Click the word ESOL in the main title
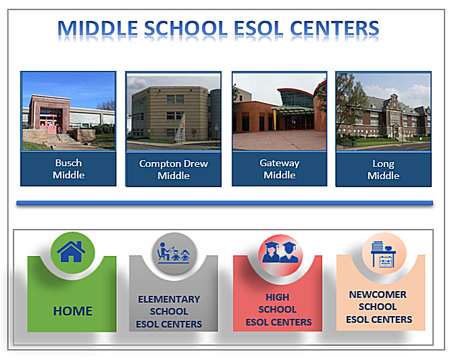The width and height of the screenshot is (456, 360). coord(258,28)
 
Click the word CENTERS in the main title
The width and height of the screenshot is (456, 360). coord(334,28)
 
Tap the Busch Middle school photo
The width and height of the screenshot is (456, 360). coord(69,111)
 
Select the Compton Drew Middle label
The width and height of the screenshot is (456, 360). coord(174,170)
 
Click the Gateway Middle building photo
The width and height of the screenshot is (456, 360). coord(280,111)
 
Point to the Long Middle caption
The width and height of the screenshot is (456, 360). coord(383,170)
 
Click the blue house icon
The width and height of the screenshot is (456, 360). coord(71,252)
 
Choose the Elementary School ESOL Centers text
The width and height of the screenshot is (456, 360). coord(169,311)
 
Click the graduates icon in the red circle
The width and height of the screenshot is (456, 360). coord(280,253)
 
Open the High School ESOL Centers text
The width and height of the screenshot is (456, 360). coord(278,310)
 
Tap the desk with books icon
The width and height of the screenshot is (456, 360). coord(383,253)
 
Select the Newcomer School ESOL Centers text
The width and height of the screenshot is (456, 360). coord(378,307)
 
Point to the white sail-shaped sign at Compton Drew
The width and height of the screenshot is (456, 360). coord(180,128)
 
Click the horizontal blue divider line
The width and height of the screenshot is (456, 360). coord(224,203)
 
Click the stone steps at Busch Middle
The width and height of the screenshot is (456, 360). coord(63,138)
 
